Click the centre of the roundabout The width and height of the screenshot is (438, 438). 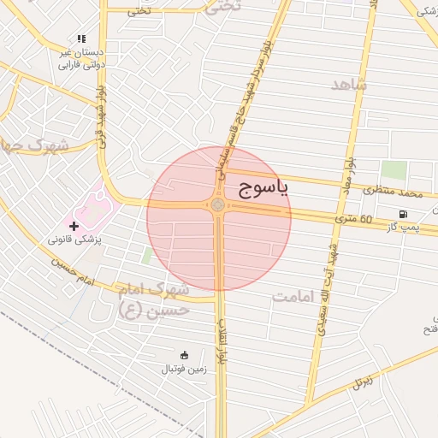[218, 205]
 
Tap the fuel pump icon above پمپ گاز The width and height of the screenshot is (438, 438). [402, 213]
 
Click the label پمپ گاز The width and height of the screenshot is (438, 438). [402, 226]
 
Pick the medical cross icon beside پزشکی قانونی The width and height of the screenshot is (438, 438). [74, 227]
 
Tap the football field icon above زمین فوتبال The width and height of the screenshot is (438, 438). [183, 354]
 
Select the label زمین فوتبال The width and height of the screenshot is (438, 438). [183, 369]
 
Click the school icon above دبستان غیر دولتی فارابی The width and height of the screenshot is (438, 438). [81, 38]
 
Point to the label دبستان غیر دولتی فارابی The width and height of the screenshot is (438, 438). [80, 58]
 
